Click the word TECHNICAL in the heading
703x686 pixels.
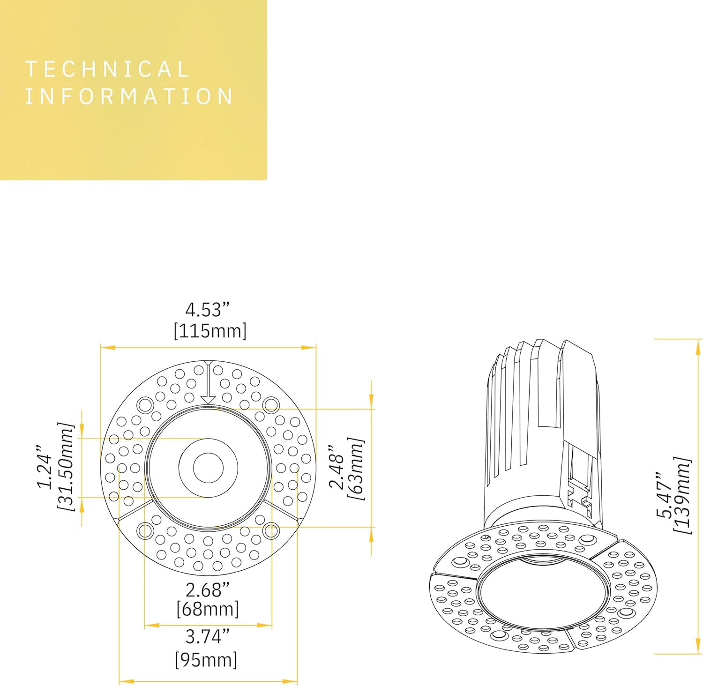point(107,69)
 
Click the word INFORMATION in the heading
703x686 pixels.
point(129,97)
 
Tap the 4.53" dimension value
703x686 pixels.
point(208,310)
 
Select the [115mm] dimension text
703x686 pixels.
point(210,331)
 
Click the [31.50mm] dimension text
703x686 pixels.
point(66,467)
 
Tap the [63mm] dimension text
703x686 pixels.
point(356,468)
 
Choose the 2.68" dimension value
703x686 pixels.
point(208,590)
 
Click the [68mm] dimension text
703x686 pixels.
point(208,609)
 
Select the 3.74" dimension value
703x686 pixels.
point(208,636)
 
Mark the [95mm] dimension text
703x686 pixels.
point(206,660)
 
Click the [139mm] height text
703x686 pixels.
point(682,495)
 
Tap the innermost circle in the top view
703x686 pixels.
point(208,468)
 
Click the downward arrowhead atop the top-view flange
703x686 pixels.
point(208,400)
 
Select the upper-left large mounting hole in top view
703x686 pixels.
point(145,404)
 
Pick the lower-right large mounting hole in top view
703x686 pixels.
point(271,531)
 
